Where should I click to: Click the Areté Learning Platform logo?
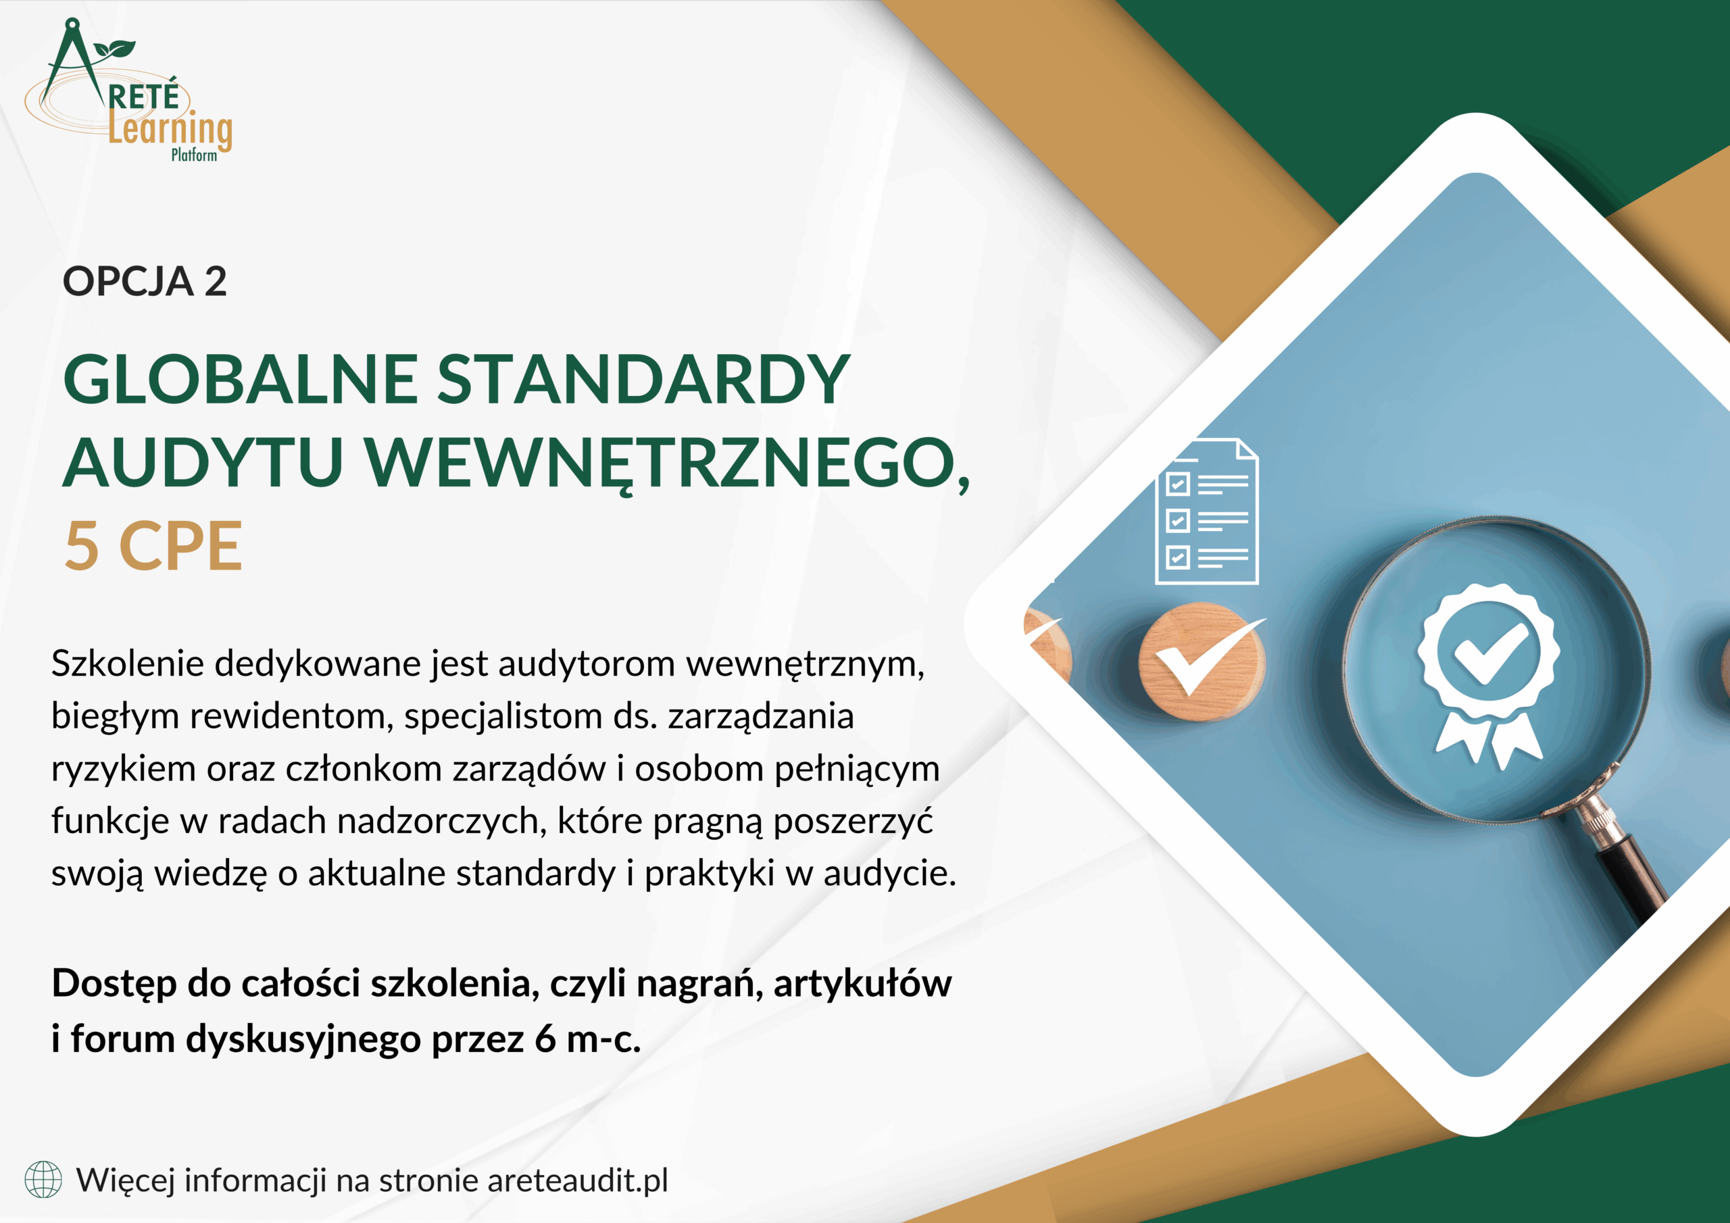(129, 91)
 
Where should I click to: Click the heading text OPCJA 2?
(145, 281)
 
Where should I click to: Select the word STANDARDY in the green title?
(643, 379)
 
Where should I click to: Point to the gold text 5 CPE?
(153, 547)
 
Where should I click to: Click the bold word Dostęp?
(116, 984)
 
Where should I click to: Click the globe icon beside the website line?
(43, 1180)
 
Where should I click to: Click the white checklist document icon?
(1207, 511)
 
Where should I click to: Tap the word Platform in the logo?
(194, 155)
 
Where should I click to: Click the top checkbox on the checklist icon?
(1178, 484)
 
